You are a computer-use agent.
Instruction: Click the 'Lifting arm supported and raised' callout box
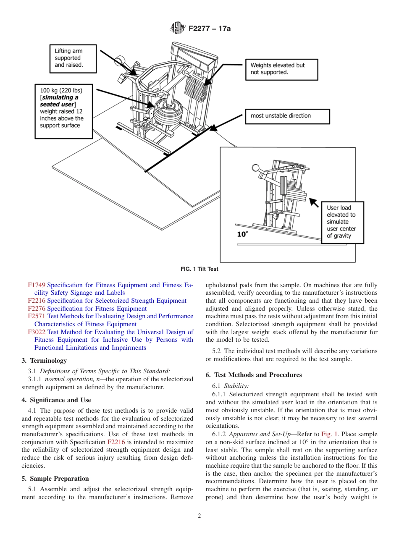(73, 58)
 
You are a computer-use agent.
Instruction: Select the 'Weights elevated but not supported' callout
(281, 69)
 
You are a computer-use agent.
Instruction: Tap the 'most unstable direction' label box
(287, 116)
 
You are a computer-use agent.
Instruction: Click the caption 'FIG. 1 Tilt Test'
(199, 269)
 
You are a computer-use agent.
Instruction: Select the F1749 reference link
(37, 285)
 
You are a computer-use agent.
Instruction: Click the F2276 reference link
(37, 309)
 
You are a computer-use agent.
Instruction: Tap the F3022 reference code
(37, 332)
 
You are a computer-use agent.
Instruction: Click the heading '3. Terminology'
(44, 361)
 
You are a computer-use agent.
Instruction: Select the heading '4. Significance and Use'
(56, 400)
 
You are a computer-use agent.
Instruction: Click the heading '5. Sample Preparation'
(55, 479)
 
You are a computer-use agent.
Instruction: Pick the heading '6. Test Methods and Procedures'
(254, 375)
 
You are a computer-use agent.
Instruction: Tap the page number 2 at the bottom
(199, 516)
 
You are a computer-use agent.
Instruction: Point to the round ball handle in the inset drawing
(255, 168)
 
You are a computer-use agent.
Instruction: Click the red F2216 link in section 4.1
(115, 442)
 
